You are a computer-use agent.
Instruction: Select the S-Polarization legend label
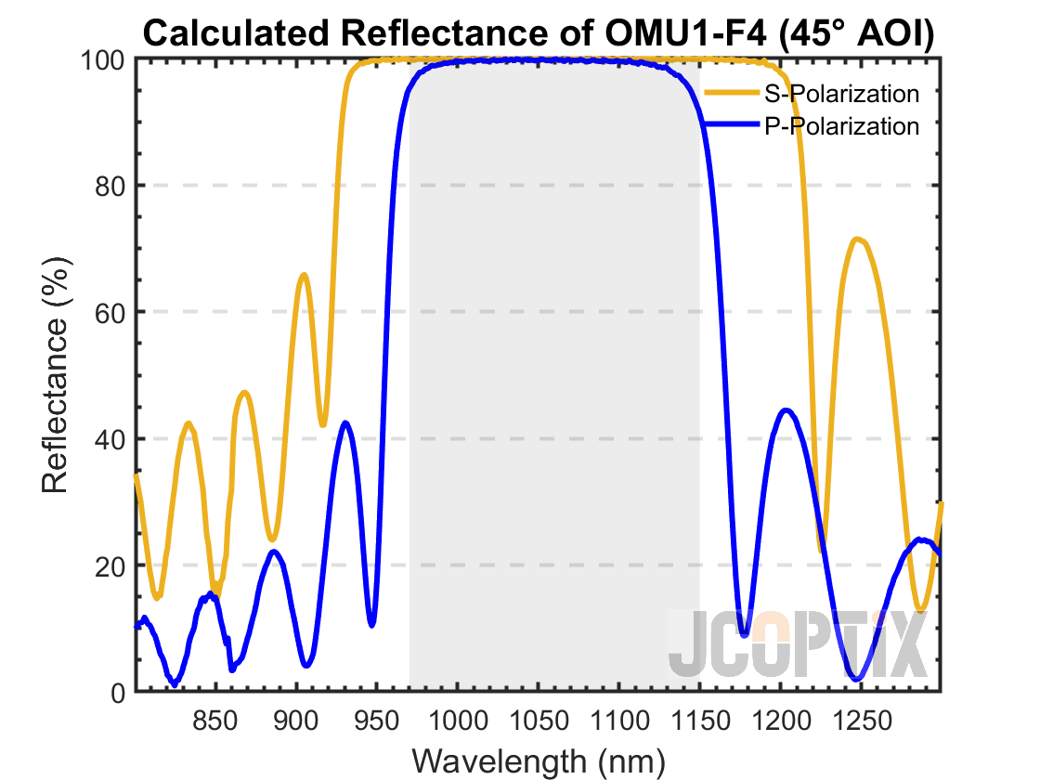tap(841, 94)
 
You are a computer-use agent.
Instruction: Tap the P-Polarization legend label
tap(841, 125)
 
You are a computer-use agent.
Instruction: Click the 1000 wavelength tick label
tap(458, 719)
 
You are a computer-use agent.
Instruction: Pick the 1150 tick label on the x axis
tap(699, 719)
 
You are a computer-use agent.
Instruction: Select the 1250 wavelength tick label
tap(861, 719)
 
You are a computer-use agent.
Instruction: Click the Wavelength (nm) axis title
tap(539, 760)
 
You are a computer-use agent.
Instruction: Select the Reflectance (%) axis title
tap(56, 375)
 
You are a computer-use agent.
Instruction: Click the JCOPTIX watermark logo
tap(798, 643)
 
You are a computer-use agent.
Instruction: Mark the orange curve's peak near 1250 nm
tap(859, 240)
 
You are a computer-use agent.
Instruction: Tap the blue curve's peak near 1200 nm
tap(786, 409)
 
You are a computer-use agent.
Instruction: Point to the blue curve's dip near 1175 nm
tap(744, 634)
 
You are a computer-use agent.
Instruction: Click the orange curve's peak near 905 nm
tap(304, 275)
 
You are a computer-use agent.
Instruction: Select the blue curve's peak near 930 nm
tap(345, 422)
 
